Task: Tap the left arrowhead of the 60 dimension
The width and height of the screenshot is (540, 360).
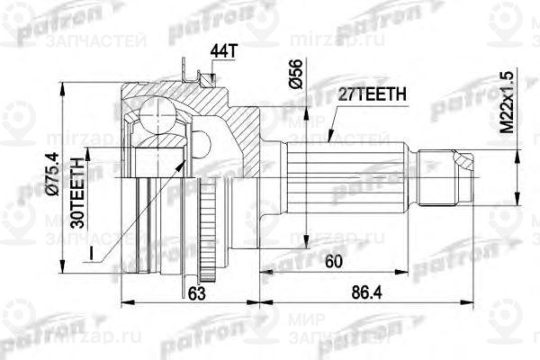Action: (263, 271)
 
